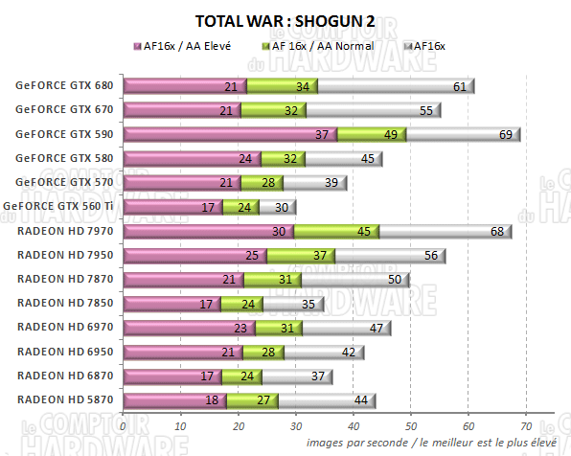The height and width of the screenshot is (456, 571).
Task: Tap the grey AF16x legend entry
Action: tap(431, 45)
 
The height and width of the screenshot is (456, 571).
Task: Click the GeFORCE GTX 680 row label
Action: tap(64, 85)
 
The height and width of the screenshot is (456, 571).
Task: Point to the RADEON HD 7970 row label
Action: tap(64, 231)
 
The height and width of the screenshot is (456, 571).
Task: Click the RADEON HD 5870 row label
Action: tap(64, 400)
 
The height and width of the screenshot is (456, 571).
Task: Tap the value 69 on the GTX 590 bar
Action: tap(504, 135)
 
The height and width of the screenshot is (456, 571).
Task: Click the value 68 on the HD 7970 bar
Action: tap(498, 232)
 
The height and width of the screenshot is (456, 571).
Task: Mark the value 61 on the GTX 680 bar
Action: tap(460, 87)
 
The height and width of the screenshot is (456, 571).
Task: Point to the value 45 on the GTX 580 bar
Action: tap(367, 159)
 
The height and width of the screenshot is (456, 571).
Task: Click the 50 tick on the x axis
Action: tap(410, 423)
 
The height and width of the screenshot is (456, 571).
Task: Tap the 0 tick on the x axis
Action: tap(123, 423)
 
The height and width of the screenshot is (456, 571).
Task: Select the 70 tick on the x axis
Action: tap(525, 423)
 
